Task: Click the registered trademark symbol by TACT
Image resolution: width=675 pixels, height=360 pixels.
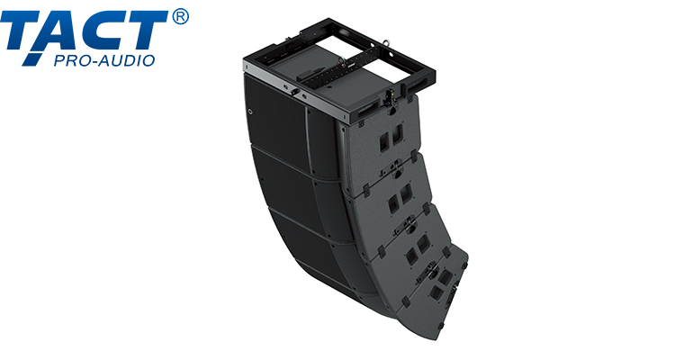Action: (179, 18)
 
